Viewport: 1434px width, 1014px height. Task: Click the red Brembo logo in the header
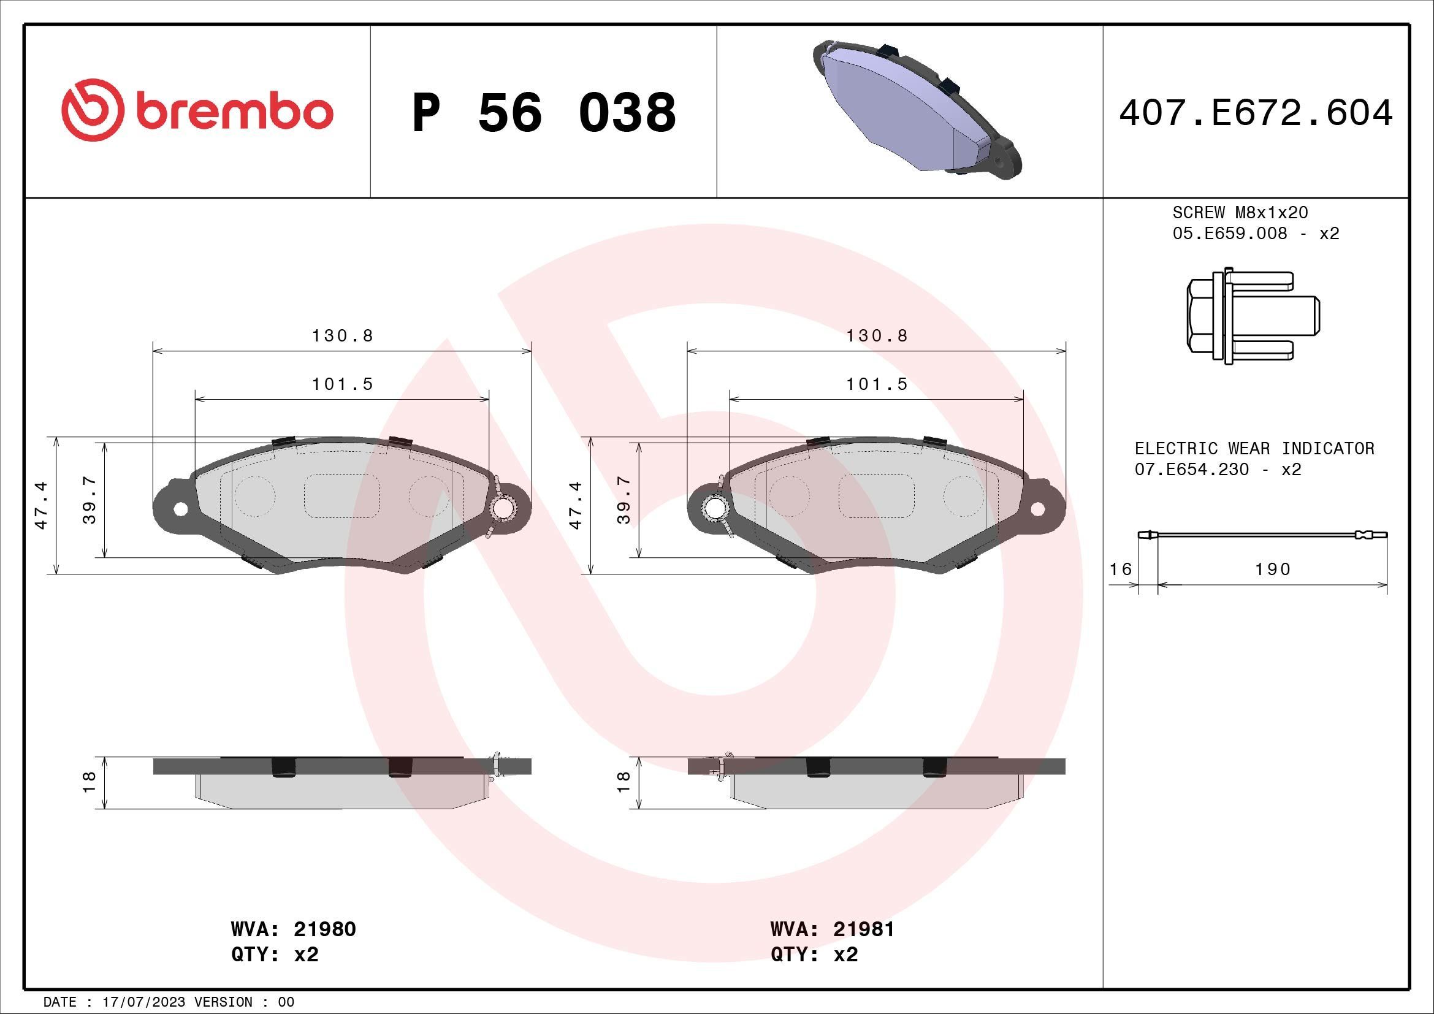197,111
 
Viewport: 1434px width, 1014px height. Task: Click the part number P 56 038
543,113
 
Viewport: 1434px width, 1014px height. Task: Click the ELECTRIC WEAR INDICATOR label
1254,448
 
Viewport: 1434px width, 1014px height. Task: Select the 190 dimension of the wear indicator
1273,569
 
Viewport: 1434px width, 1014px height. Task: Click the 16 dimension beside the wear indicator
1121,569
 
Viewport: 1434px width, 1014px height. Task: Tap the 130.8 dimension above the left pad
342,336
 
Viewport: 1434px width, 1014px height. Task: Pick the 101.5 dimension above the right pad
876,384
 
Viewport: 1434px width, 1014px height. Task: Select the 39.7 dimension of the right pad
624,500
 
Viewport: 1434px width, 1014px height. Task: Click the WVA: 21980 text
293,929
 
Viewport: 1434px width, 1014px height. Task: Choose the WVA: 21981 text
832,929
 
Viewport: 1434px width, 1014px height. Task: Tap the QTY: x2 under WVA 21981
814,955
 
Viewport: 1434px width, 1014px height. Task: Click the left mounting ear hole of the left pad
180,509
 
